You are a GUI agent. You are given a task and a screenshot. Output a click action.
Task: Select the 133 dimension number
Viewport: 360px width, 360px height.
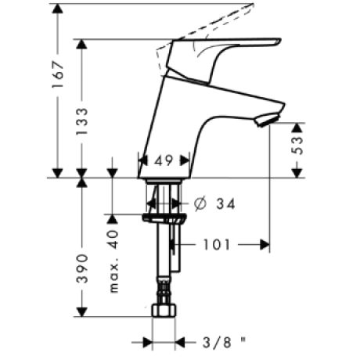coord(82,121)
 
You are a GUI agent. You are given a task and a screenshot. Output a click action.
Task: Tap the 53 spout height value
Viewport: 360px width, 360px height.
coord(297,146)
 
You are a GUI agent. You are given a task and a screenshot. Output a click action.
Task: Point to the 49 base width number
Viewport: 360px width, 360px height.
coord(164,160)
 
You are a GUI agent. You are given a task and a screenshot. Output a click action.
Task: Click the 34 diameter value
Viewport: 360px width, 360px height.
coord(225,203)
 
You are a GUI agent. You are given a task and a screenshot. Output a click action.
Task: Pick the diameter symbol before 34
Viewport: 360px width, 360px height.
coord(200,203)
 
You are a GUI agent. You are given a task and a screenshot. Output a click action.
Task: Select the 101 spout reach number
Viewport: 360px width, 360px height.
coord(217,245)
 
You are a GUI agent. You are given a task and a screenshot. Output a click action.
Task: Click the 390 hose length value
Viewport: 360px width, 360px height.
coord(82,268)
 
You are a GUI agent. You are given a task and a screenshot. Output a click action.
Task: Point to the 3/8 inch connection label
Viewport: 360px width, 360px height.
coord(225,342)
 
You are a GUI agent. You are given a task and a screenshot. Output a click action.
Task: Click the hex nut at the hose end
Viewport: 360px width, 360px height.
coord(164,311)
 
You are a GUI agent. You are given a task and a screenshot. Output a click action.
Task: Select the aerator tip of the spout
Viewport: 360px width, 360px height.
coord(267,121)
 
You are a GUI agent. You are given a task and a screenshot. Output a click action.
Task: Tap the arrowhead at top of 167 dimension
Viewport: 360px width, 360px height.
coord(58,9)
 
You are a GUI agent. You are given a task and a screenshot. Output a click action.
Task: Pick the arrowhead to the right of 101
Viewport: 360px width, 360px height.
coord(265,245)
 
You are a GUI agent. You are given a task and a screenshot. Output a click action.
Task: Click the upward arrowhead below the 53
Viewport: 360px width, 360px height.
coord(297,128)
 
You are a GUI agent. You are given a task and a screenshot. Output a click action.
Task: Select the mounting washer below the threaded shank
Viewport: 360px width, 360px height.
coord(164,218)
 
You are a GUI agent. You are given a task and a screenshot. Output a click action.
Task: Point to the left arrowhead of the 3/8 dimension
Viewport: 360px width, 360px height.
coord(148,342)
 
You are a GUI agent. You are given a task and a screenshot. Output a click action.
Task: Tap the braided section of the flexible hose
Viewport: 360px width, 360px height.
coord(164,290)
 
